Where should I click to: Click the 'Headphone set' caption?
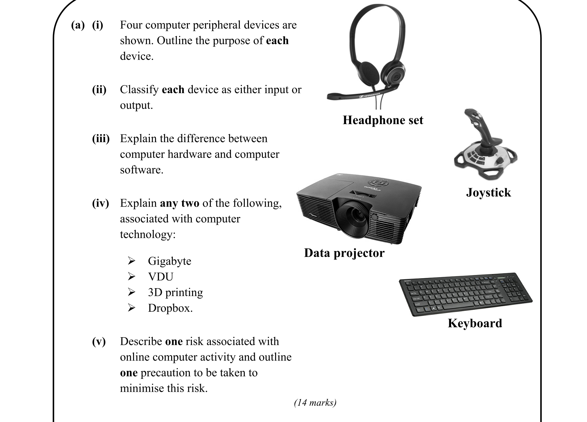tap(383, 120)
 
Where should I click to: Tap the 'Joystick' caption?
tap(488, 192)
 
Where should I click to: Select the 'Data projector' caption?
tap(344, 253)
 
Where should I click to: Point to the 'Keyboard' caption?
tap(475, 323)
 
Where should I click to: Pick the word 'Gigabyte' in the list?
tap(170, 261)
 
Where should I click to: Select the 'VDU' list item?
tap(160, 277)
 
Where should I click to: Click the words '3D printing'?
tap(175, 292)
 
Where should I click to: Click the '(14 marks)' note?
tap(315, 402)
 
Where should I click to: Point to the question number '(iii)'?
tap(101, 139)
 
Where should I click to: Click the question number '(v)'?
tap(99, 341)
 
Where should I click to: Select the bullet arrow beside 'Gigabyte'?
tap(131, 260)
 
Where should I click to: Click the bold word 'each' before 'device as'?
tap(173, 90)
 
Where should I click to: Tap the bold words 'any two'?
tap(180, 203)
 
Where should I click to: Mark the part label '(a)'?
tap(78, 25)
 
